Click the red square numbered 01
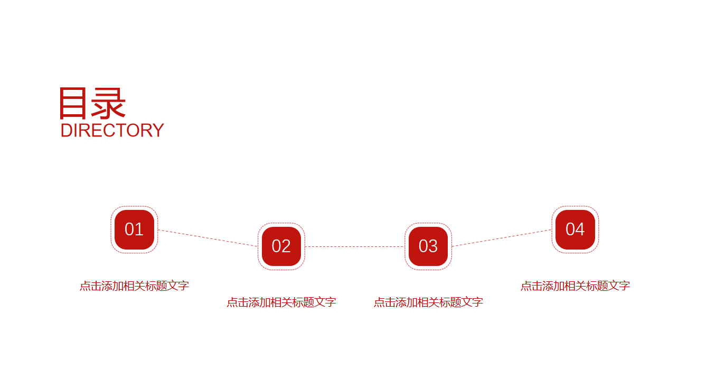click(134, 230)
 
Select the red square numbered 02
click(281, 246)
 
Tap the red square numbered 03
click(428, 246)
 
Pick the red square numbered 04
click(576, 230)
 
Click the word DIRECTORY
click(112, 131)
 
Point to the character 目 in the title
click(73, 103)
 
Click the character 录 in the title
click(108, 103)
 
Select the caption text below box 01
click(134, 286)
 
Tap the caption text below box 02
click(281, 302)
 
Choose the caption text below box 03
click(428, 302)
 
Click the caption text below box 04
click(576, 286)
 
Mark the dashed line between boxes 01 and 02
click(208, 238)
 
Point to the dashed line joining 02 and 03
click(355, 247)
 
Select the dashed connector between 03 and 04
click(502, 238)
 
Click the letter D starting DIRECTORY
click(67, 131)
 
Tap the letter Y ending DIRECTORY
click(157, 131)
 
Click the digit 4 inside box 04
click(580, 229)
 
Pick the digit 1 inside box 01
click(139, 229)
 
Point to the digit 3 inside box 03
click(433, 246)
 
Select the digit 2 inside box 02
click(286, 246)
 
